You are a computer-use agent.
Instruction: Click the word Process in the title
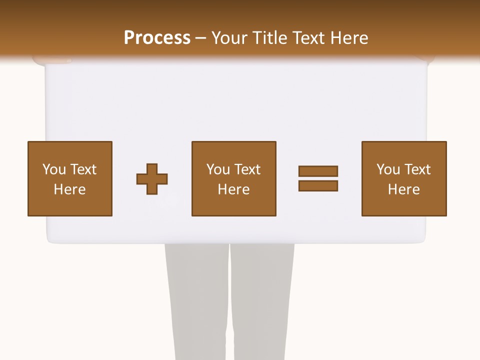[x=157, y=38]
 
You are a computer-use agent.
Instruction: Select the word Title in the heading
[x=270, y=38]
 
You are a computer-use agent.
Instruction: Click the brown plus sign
[x=152, y=179]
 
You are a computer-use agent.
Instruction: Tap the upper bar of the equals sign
[x=318, y=171]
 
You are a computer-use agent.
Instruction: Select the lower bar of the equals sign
[x=318, y=186]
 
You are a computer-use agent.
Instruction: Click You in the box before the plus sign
[x=54, y=169]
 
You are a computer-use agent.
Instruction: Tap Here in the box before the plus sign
[x=69, y=189]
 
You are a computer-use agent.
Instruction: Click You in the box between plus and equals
[x=218, y=169]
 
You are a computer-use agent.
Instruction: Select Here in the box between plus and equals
[x=233, y=189]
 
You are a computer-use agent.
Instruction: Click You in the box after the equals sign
[x=388, y=169]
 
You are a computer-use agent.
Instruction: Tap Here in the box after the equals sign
[x=403, y=189]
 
